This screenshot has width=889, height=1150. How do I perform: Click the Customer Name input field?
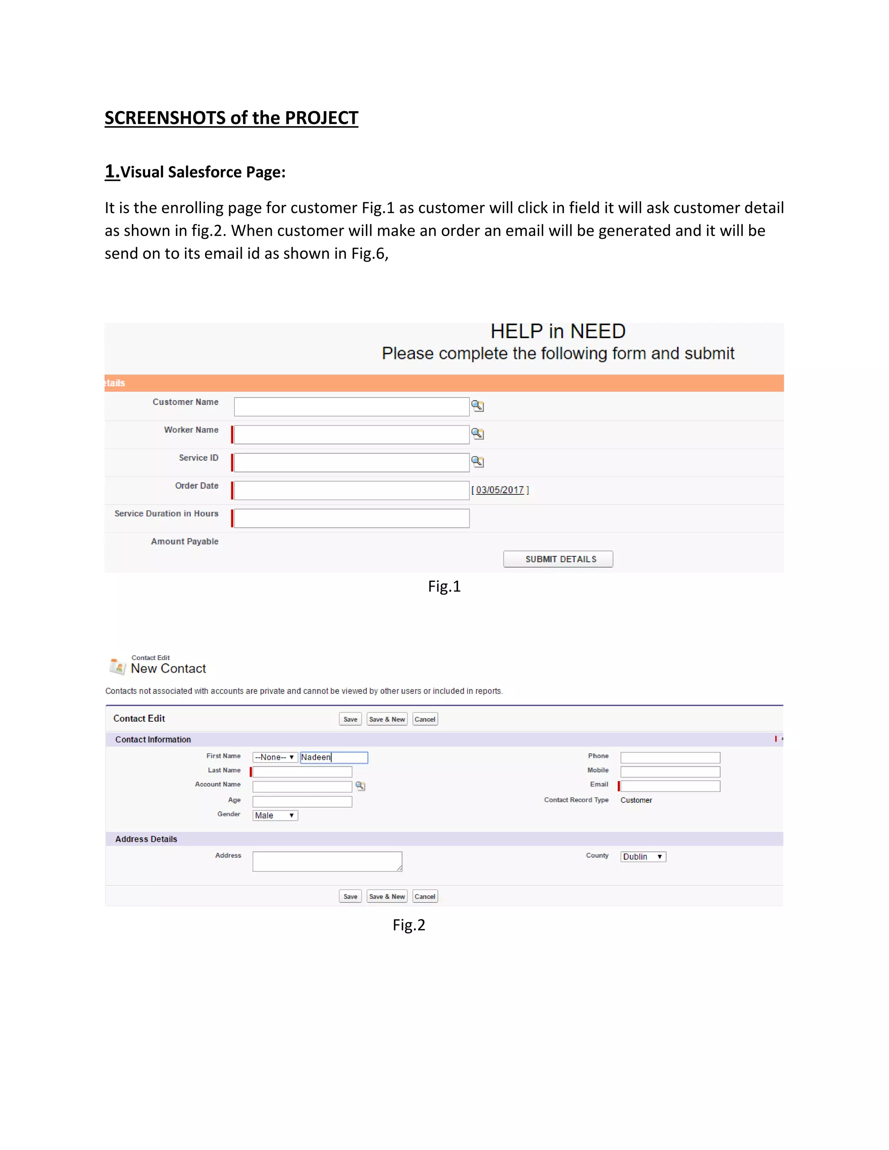pyautogui.click(x=351, y=407)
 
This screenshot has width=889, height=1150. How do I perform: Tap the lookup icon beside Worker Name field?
pyautogui.click(x=477, y=434)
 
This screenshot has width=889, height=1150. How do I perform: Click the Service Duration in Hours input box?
pyautogui.click(x=351, y=518)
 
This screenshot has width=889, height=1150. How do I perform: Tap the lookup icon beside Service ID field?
pyautogui.click(x=477, y=462)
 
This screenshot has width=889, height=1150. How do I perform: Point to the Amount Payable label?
pyautogui.click(x=184, y=541)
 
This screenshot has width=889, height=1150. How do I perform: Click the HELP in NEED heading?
pyautogui.click(x=558, y=331)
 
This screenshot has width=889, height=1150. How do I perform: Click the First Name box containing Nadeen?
pyautogui.click(x=333, y=757)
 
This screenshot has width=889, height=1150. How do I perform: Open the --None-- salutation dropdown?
pyautogui.click(x=275, y=757)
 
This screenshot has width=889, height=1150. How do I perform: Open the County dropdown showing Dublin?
pyautogui.click(x=642, y=857)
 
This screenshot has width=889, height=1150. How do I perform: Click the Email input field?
pyautogui.click(x=670, y=786)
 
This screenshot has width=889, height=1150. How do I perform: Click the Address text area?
pyautogui.click(x=327, y=861)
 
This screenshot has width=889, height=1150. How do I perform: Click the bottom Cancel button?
pyautogui.click(x=425, y=896)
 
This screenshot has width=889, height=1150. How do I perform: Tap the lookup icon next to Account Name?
pyautogui.click(x=360, y=786)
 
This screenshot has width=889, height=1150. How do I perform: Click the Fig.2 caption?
pyautogui.click(x=408, y=925)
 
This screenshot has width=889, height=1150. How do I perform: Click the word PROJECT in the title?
pyautogui.click(x=321, y=118)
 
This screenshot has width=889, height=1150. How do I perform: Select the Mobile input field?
pyautogui.click(x=670, y=772)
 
